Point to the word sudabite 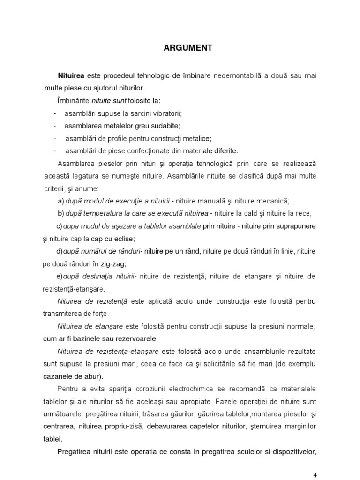tap(165, 126)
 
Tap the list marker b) tap(60, 213)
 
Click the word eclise tap(123, 239)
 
